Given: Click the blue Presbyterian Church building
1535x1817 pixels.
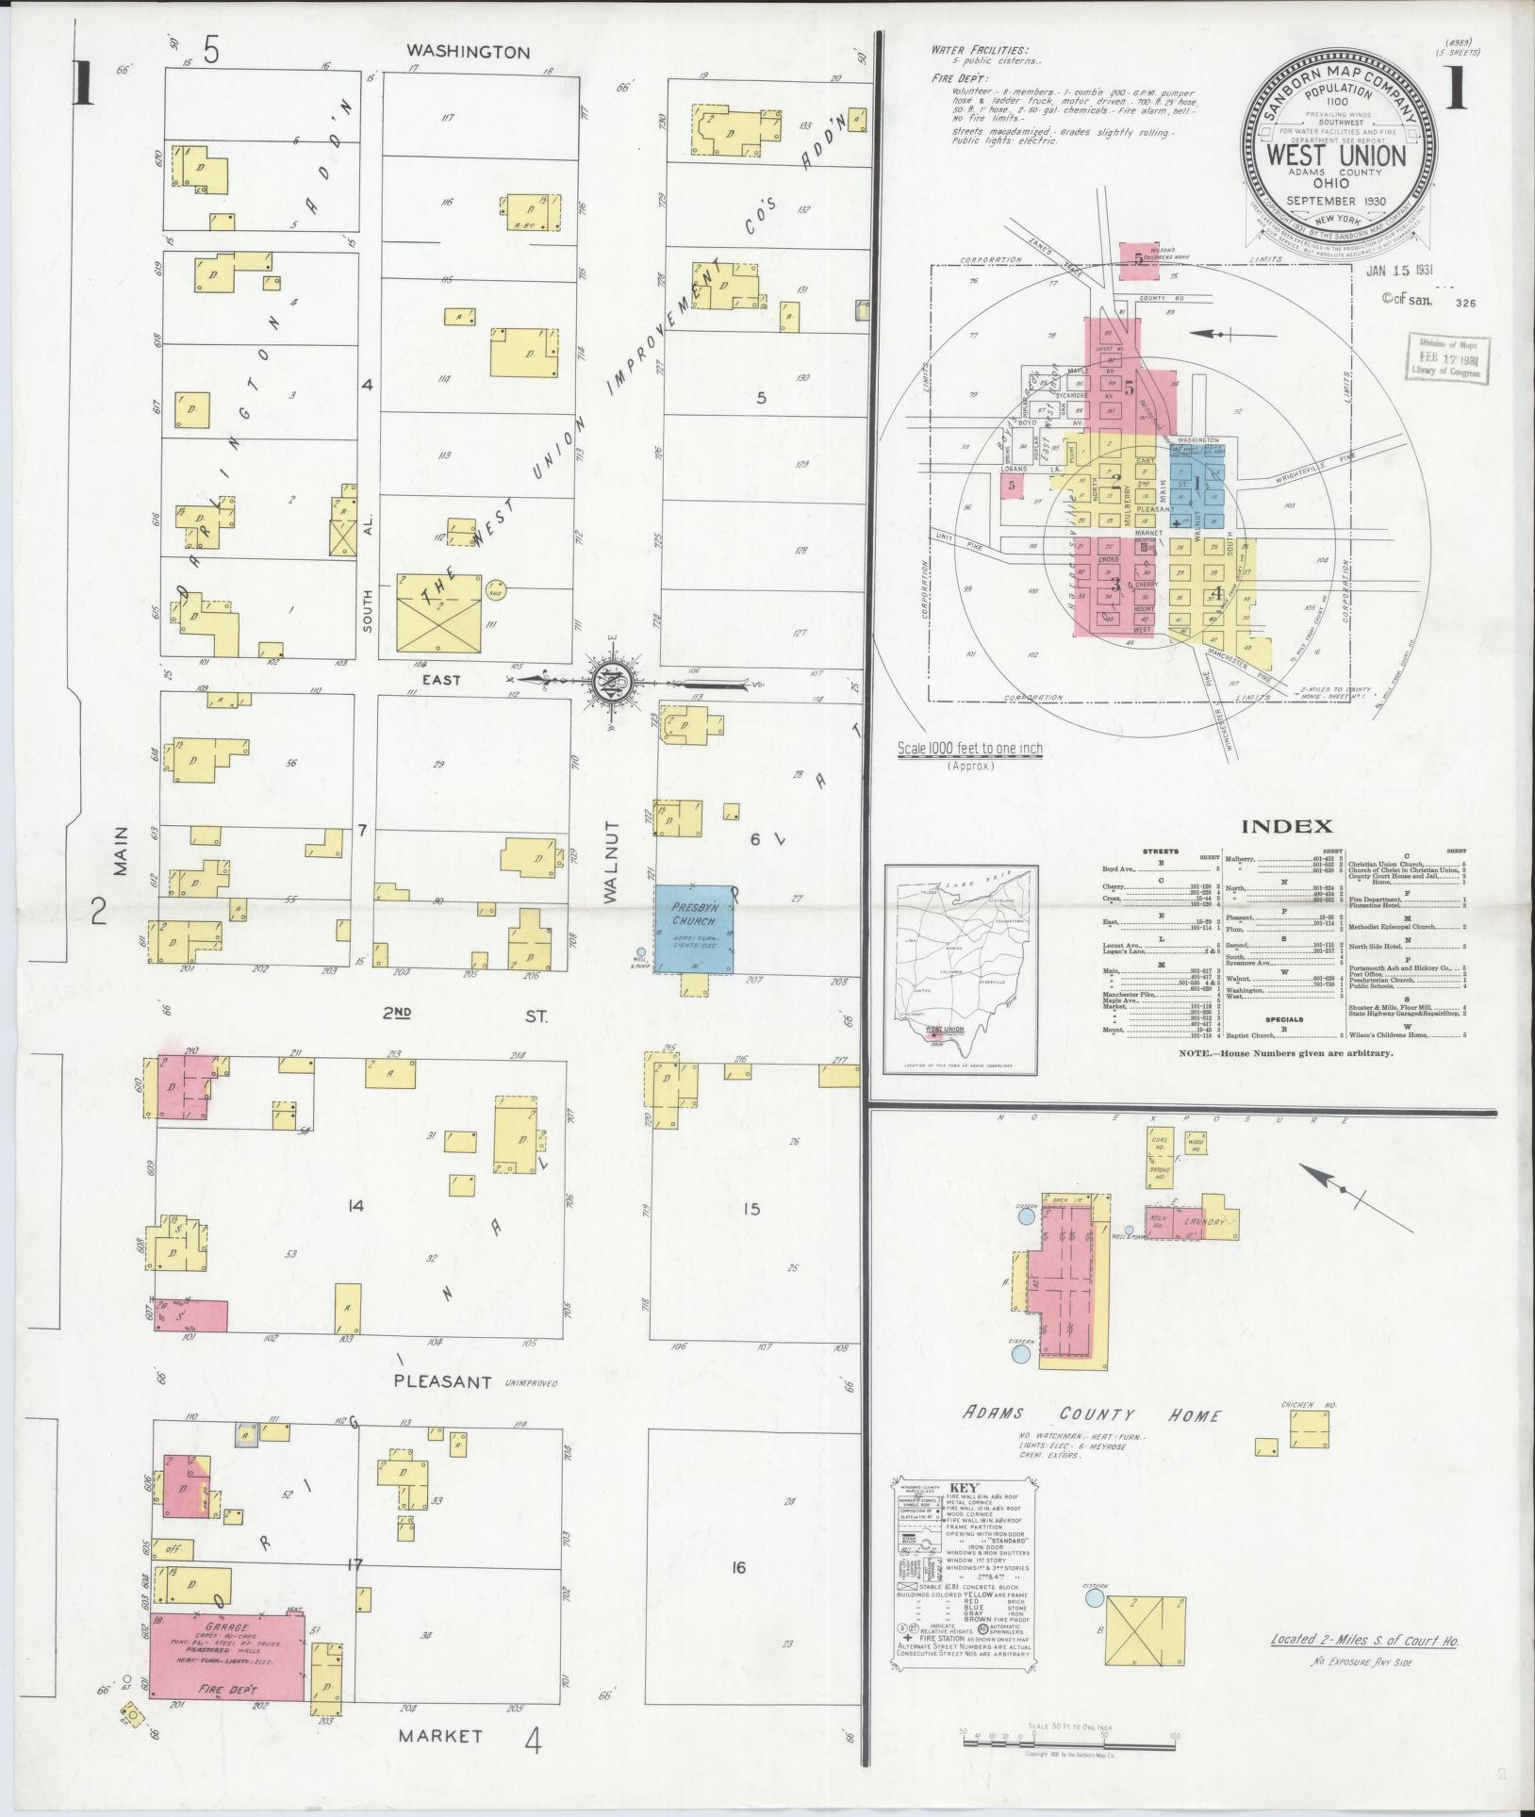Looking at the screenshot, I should pyautogui.click(x=695, y=928).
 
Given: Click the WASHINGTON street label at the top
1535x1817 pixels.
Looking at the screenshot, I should pyautogui.click(x=468, y=53).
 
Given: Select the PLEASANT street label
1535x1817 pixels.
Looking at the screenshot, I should pyautogui.click(x=443, y=1383).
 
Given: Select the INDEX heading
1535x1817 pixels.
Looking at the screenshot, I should pyautogui.click(x=1286, y=827).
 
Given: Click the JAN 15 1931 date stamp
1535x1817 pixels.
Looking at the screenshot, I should pyautogui.click(x=1398, y=271).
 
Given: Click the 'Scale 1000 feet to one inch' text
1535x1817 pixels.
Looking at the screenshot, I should pyautogui.click(x=969, y=749).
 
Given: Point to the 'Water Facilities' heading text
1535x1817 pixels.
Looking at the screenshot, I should pyautogui.click(x=980, y=50).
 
